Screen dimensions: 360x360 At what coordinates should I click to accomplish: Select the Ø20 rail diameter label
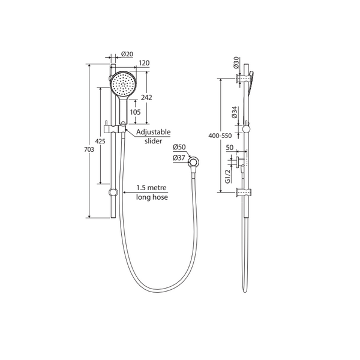[x=127, y=54]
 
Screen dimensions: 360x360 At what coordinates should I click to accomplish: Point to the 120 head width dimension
[x=144, y=62]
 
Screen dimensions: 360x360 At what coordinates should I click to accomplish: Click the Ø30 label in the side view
[x=236, y=62]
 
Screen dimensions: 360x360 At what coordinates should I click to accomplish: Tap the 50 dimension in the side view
[x=229, y=147]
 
